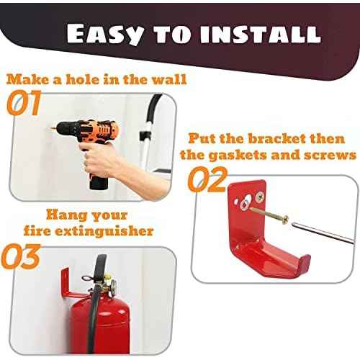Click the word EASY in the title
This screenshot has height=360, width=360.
point(107,33)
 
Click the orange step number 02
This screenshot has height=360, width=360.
point(207,180)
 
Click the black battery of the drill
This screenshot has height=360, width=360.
point(98,176)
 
